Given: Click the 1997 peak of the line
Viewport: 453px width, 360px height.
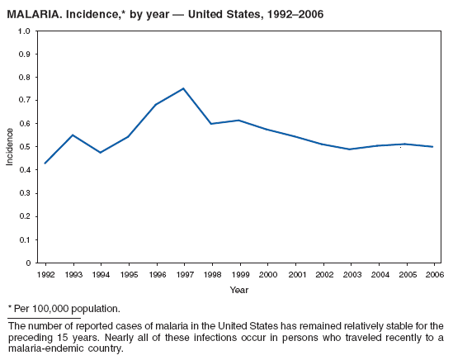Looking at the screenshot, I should [x=183, y=88].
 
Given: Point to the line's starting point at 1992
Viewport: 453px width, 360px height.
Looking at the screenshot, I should [x=45, y=163].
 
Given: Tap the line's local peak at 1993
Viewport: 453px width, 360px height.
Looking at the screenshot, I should [x=73, y=135].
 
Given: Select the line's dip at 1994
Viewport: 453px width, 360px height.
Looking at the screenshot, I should [x=100, y=153].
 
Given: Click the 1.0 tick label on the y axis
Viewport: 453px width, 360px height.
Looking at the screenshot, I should [x=25, y=31].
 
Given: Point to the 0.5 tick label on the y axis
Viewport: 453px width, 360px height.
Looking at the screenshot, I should [x=25, y=147].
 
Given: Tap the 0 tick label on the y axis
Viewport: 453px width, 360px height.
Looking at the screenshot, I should [x=28, y=263].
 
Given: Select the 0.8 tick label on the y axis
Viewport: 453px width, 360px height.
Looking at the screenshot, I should [x=25, y=78].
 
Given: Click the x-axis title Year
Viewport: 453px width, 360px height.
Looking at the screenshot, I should [x=238, y=290].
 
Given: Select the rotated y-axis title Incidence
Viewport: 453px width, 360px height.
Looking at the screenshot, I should [x=10, y=146].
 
